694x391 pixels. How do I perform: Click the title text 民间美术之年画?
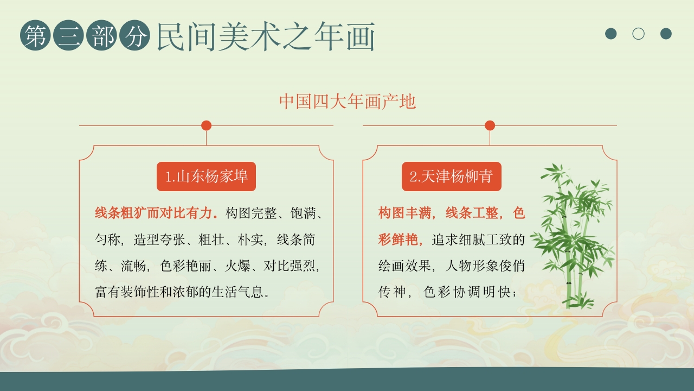[266, 36]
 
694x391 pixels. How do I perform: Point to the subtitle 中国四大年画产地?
[348, 102]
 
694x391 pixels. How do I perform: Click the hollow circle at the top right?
[638, 34]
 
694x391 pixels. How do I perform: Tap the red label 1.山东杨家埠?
[206, 176]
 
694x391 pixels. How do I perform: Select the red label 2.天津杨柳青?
[451, 176]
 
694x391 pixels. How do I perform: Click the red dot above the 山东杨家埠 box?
[206, 125]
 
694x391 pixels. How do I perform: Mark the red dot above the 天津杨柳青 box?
[490, 125]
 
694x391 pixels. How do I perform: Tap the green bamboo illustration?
[572, 234]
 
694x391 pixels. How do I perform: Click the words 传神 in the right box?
[391, 292]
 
